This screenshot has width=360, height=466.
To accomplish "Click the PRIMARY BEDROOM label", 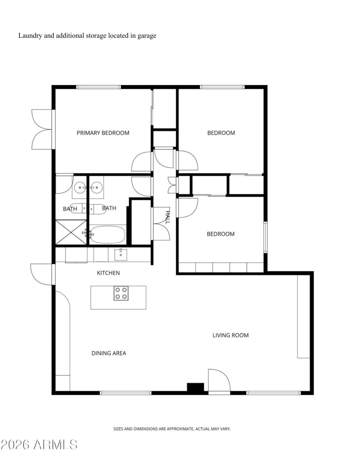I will point(103,133).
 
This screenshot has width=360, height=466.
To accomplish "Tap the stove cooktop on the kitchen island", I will point(120,293).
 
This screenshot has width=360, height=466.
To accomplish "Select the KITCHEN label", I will point(108,273).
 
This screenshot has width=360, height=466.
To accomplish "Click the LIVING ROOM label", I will point(230,335).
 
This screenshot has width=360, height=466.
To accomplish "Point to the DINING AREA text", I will point(108,353).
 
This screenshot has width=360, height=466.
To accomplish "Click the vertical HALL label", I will point(167,217).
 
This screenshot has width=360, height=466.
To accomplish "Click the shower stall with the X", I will point(70,232).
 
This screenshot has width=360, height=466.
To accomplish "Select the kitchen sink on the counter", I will point(121,254).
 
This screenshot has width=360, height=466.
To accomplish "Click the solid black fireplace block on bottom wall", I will point(195,387).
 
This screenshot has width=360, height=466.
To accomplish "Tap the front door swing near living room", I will point(219,381).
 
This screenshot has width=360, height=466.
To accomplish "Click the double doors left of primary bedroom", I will point(43,129).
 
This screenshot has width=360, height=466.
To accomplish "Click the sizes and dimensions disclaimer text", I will point(171,429).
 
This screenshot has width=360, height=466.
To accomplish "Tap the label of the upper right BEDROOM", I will point(221,133).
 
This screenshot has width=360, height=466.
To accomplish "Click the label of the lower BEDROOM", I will point(220,234).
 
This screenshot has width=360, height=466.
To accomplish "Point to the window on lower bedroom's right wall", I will point(265,237).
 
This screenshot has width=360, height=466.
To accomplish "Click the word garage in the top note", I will point(147,36).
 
